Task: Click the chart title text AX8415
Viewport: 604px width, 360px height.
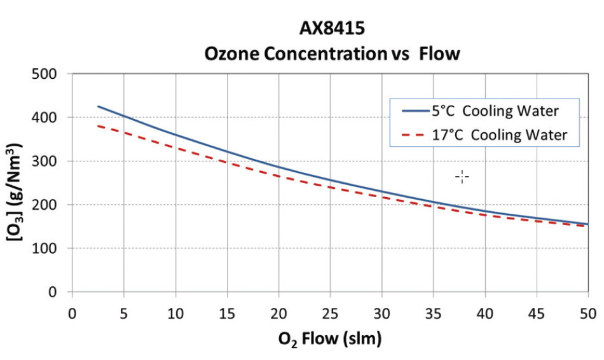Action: (x=331, y=29)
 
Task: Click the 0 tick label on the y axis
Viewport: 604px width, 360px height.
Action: (x=53, y=293)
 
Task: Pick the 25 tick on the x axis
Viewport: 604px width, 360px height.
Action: (x=329, y=314)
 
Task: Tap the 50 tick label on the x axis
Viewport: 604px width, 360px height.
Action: (x=587, y=314)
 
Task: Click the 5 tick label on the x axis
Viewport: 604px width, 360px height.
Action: (x=124, y=314)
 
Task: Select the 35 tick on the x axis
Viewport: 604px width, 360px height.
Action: (x=433, y=314)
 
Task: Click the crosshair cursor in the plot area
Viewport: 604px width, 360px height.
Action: (x=462, y=177)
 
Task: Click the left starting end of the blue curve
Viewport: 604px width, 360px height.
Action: (x=98, y=107)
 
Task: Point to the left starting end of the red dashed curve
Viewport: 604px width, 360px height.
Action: (x=98, y=126)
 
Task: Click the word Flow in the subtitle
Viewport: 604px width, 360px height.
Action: (x=438, y=53)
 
